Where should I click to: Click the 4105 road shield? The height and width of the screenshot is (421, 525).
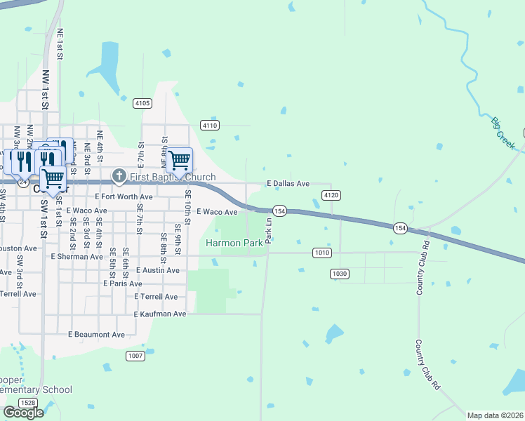tap(142, 103)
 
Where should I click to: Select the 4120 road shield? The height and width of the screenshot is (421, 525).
tap(331, 194)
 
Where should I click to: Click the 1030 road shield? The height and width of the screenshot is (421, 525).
tap(340, 273)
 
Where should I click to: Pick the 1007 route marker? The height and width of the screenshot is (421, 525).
tap(135, 356)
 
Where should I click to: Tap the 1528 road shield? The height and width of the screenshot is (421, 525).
tap(28, 402)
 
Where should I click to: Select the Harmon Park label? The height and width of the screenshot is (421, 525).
tap(234, 243)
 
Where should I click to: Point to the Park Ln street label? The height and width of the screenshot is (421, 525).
tap(268, 230)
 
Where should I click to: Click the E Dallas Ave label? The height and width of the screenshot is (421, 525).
tap(288, 184)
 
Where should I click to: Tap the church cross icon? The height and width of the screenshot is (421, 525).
tap(119, 176)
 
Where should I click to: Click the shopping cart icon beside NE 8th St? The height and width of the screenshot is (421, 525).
tap(179, 160)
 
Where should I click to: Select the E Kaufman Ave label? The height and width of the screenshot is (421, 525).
tap(160, 314)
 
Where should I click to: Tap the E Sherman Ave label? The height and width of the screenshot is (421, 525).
tap(77, 257)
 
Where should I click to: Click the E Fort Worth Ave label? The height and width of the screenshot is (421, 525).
tap(124, 197)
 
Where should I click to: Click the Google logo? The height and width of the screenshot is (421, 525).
tap(24, 413)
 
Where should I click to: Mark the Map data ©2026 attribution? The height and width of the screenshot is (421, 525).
tap(496, 415)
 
